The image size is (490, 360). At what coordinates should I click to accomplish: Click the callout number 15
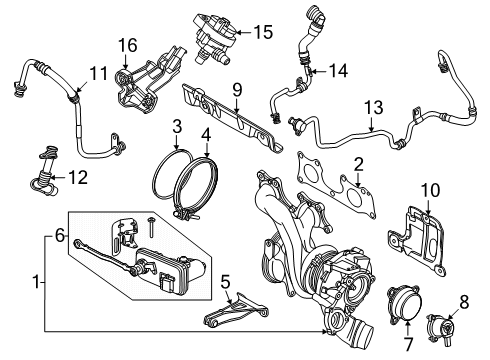pos(263,32)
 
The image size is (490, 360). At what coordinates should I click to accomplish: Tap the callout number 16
pos(127,45)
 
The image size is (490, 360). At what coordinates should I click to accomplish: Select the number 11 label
pos(99,73)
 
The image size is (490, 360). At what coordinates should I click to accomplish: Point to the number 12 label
pos(78,177)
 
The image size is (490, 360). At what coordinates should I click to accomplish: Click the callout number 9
pos(237,90)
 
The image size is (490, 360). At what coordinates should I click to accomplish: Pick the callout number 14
pos(339,71)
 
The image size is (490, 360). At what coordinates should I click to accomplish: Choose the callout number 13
pos(374,107)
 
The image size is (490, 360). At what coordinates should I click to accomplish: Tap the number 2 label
pos(359,165)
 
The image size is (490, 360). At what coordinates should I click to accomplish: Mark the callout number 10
pos(430,190)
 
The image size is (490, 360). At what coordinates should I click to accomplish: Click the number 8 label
pos(464,302)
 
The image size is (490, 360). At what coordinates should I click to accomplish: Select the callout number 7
pos(409,344)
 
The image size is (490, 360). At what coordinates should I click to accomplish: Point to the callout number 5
pos(226,282)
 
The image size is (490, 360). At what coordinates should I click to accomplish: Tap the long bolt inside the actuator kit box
pos(151,227)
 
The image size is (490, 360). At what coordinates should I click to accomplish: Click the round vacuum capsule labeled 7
pos(404,303)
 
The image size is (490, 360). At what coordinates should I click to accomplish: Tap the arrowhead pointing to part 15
pos(239,32)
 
